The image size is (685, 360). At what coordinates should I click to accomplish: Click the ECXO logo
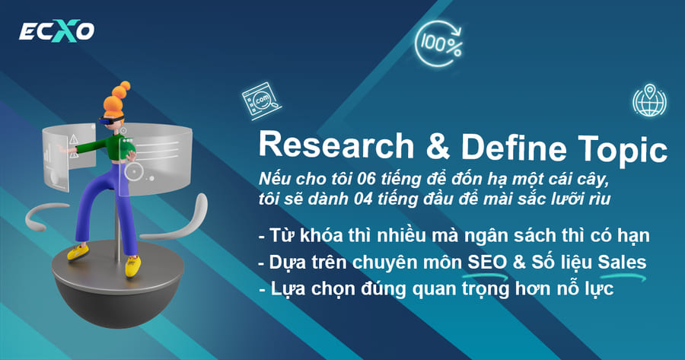coord(56,31)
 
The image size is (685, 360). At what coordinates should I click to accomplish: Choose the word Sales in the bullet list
coord(622,263)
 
